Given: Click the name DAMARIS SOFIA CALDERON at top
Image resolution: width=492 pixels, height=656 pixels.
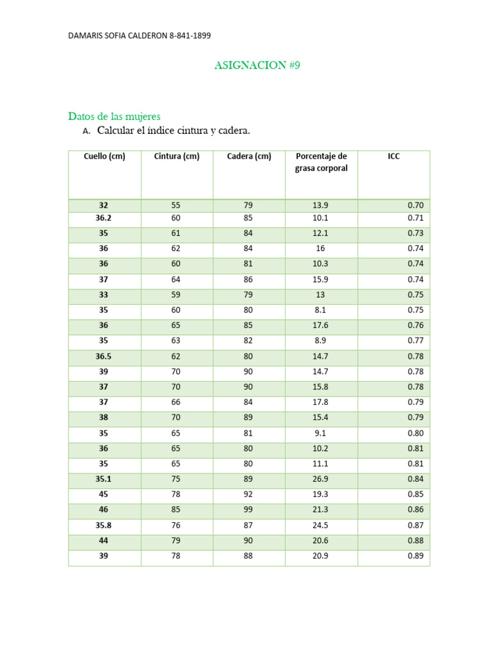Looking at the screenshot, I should point(117,36).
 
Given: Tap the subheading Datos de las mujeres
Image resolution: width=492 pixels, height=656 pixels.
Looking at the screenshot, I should point(114,116).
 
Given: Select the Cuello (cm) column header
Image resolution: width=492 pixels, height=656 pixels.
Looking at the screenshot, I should point(104,156).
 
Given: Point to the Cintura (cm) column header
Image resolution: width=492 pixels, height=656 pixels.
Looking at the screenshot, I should point(177,156).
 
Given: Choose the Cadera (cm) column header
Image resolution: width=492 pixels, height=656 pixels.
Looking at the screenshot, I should point(249,156).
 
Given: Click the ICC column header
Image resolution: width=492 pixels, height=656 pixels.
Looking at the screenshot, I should point(393,156).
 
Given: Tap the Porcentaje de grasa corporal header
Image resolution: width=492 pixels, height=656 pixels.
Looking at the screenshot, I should point(321,162).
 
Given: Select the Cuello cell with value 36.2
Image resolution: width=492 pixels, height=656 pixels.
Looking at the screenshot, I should point(104,218).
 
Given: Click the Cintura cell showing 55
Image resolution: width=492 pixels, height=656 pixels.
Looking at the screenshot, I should point(176,206).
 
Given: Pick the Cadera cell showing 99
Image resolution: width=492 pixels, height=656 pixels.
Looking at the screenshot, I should point(249,510).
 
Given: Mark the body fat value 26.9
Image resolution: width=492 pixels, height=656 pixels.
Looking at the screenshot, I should point(320,479).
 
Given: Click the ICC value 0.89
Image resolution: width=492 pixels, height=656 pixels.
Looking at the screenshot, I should point(416,556).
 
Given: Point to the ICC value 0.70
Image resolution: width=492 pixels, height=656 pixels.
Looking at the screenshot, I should point(416,206).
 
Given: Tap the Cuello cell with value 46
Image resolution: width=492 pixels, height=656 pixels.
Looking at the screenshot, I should point(104,510).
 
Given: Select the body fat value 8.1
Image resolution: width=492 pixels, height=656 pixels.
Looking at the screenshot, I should point(320,310).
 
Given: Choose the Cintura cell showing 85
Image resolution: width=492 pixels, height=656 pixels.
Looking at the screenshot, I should point(176,510).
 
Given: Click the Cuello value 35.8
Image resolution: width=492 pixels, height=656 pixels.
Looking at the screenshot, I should point(104,525).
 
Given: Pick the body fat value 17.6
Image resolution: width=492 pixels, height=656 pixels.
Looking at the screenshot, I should point(320,325).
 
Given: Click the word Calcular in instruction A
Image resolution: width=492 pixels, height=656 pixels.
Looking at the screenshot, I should point(119,131).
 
